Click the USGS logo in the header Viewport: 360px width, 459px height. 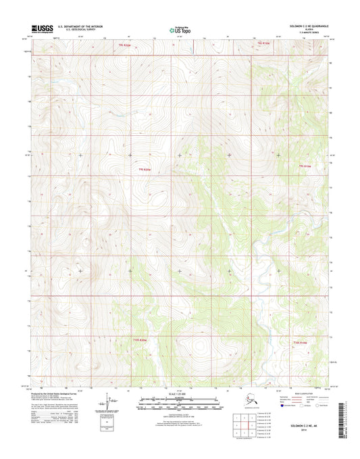tap(42, 28)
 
